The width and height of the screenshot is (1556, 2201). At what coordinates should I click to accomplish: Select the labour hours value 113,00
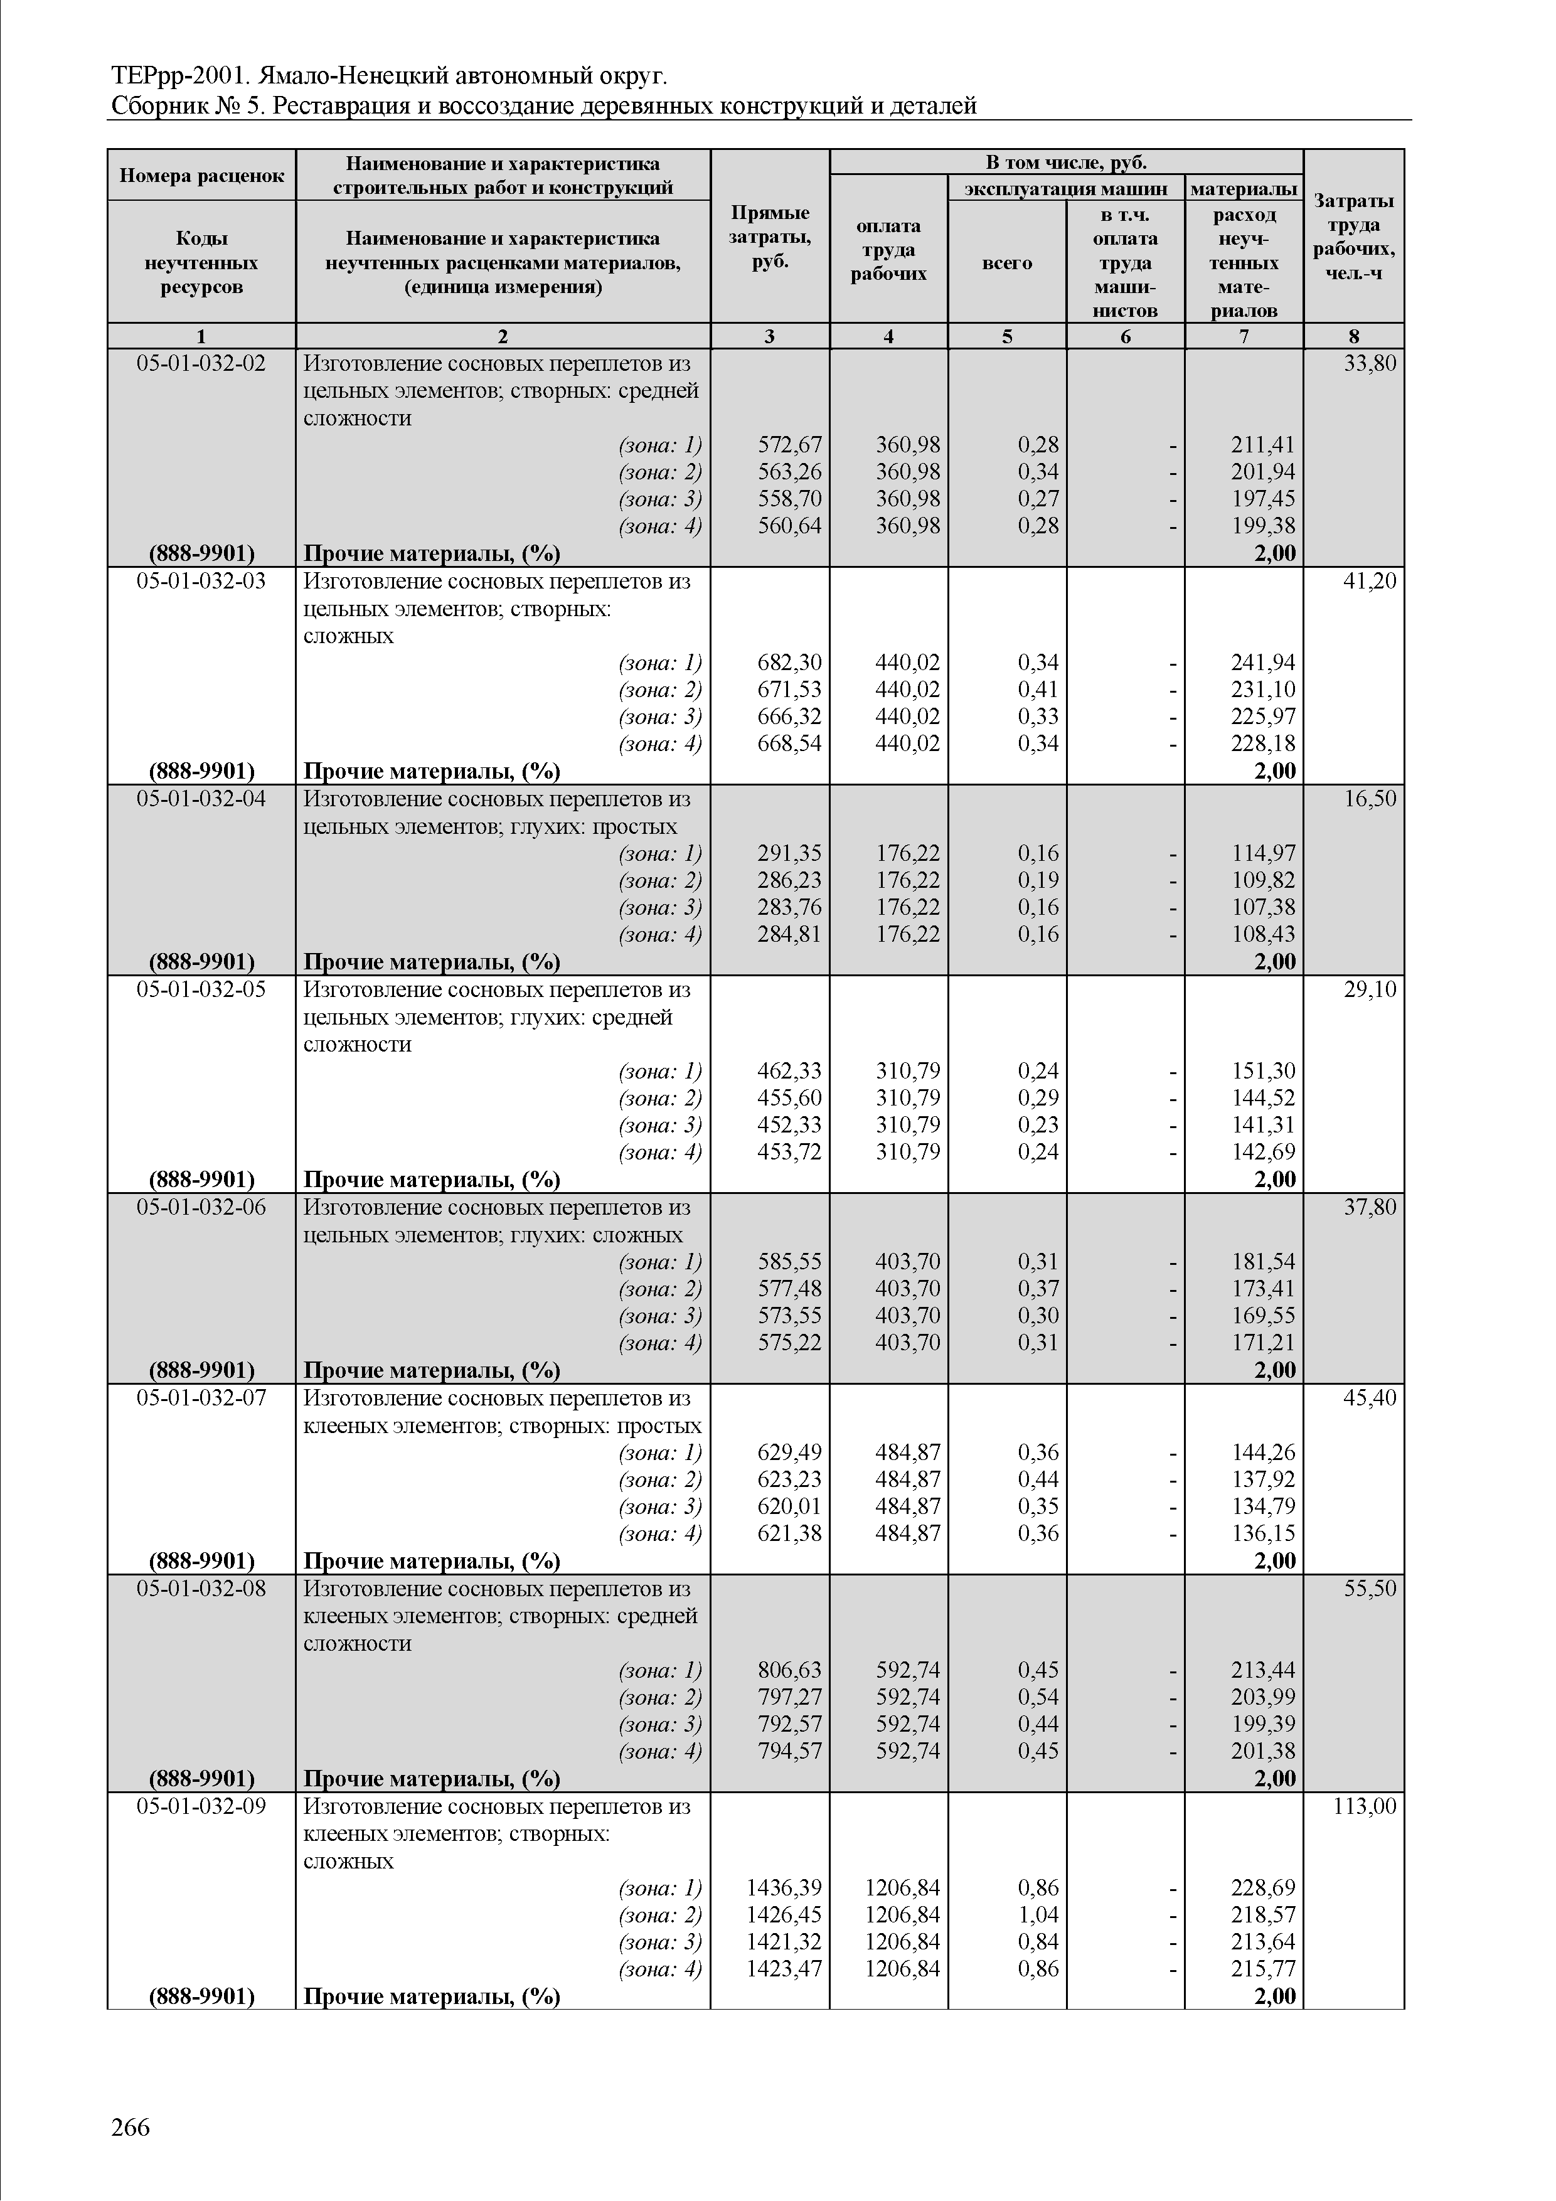coord(1365,1806)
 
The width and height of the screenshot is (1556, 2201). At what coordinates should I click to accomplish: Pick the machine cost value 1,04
coord(1038,1914)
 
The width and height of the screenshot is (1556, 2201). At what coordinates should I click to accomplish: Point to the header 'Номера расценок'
coord(201,176)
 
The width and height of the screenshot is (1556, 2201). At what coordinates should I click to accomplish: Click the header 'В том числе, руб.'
coord(1065,162)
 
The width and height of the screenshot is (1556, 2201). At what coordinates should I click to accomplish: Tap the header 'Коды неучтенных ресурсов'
coord(201,262)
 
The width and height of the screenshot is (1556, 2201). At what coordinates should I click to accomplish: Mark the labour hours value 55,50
coord(1370,1589)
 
